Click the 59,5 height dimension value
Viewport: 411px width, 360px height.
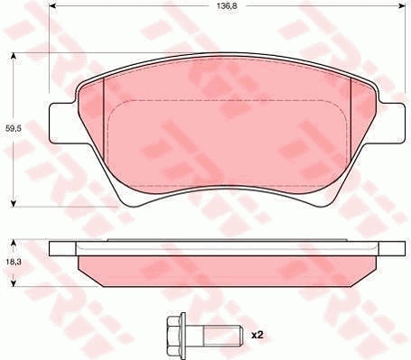[14, 128]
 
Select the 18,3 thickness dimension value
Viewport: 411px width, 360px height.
[13, 262]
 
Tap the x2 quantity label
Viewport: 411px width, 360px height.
[257, 335]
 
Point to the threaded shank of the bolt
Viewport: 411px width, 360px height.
[223, 335]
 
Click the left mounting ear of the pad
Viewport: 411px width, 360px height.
[61, 123]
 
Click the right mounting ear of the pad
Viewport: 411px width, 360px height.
[392, 123]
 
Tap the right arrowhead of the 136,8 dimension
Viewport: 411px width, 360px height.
[402, 5]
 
